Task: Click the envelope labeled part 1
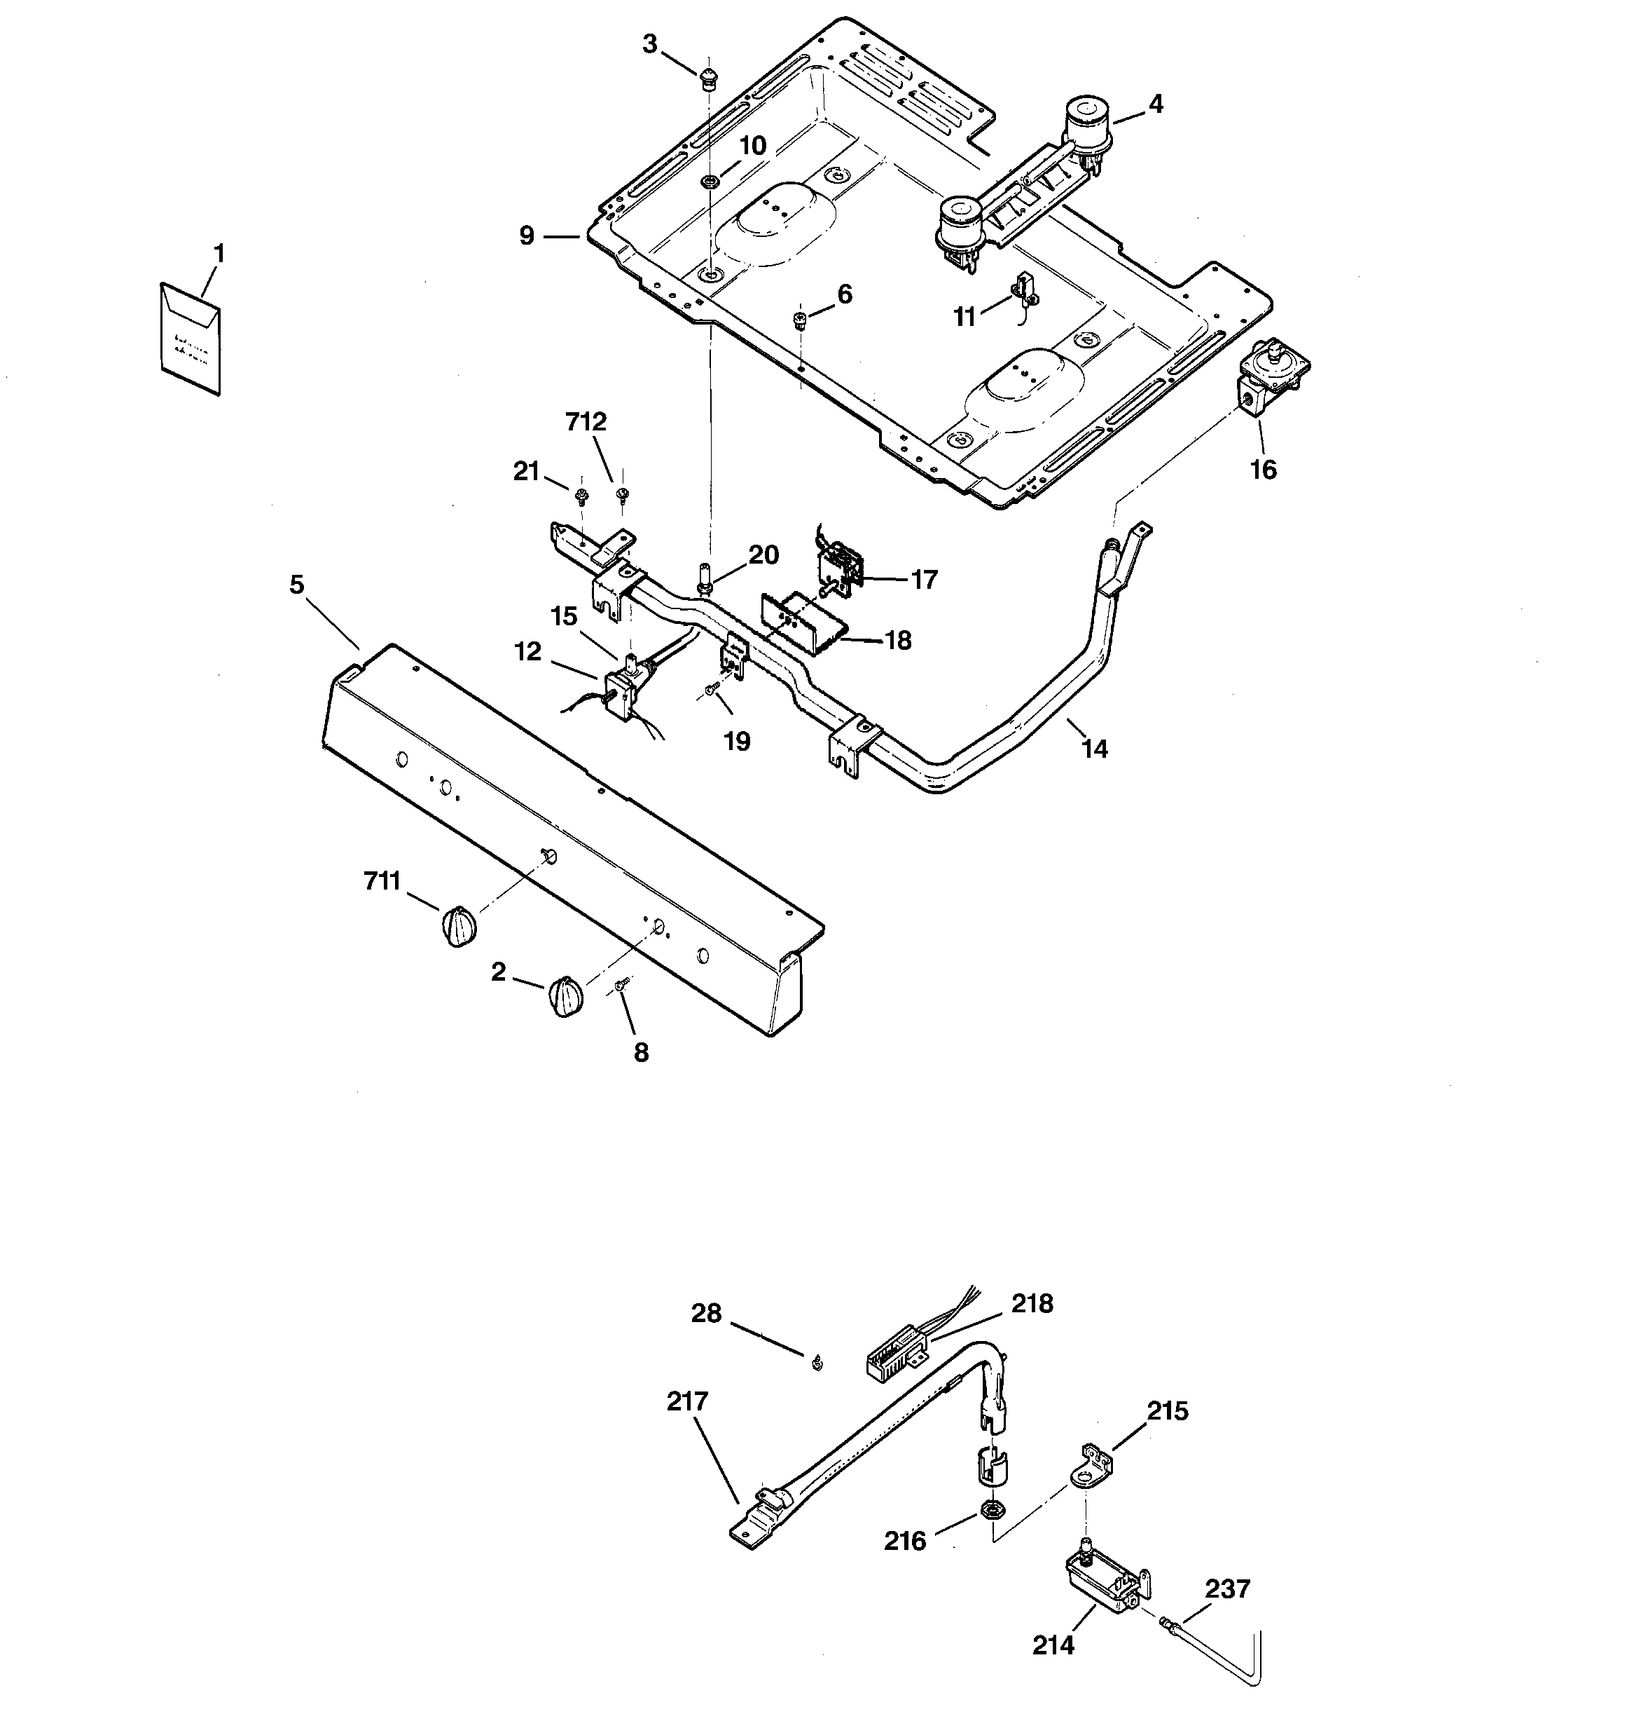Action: point(190,338)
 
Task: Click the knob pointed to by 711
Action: point(457,926)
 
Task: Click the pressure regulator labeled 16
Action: point(1266,376)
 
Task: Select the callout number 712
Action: point(586,421)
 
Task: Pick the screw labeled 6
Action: point(801,320)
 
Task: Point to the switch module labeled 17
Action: point(839,566)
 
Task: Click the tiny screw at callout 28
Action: point(817,1362)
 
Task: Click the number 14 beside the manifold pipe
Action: point(1095,748)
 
